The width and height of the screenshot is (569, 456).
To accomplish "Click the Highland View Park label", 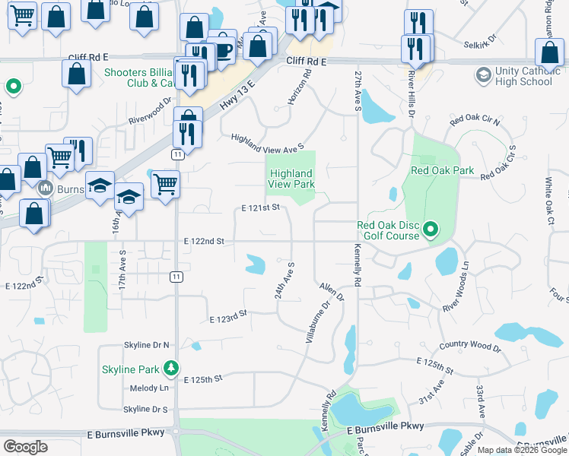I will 291,179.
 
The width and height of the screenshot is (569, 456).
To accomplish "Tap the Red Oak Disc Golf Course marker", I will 431,228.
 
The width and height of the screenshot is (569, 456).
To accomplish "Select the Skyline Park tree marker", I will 172,369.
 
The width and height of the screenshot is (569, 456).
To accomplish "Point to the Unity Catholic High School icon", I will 483,75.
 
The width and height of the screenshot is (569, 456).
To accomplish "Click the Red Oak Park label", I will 442,170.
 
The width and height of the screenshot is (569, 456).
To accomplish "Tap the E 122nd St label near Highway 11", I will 204,241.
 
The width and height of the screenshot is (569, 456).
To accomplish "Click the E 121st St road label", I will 261,207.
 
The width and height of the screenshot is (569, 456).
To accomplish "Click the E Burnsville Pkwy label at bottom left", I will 126,433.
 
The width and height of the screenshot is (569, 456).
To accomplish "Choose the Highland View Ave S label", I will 268,141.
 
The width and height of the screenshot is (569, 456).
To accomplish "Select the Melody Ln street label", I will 149,388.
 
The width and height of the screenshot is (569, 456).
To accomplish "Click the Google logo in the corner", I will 25,447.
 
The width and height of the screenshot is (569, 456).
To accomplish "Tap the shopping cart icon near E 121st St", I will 164,182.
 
